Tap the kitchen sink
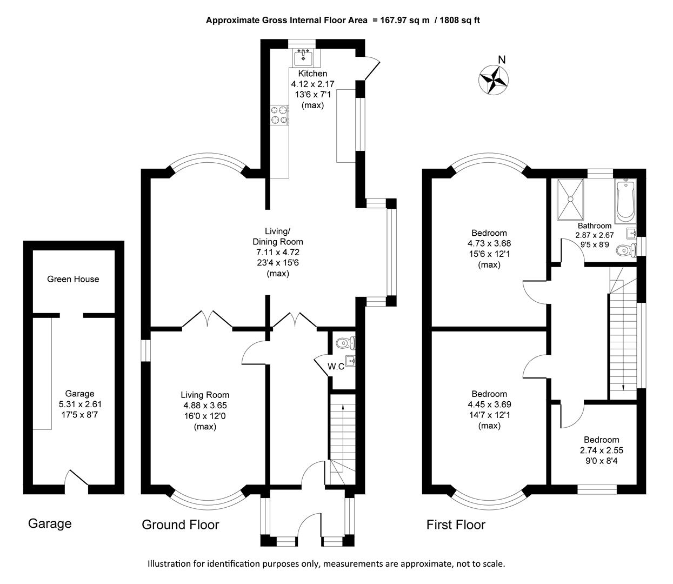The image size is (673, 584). [x=303, y=56]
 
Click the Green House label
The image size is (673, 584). [x=73, y=279]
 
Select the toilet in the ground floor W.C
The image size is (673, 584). [x=344, y=343]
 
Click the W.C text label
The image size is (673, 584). [x=336, y=367]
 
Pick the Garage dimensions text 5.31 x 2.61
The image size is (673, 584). [x=79, y=404]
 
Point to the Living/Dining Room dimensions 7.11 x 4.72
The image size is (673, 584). [x=278, y=252]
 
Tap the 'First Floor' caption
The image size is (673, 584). [x=456, y=525]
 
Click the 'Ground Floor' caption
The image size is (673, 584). [x=180, y=525]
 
